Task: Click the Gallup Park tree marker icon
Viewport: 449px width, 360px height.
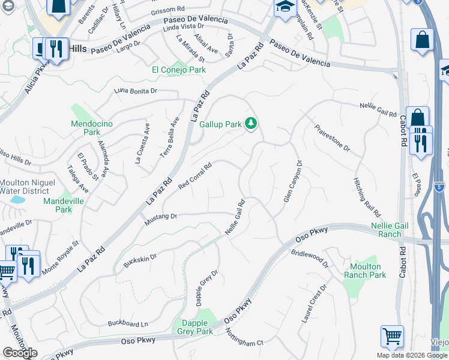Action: pyautogui.click(x=251, y=124)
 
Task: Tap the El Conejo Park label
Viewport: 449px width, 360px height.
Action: pyautogui.click(x=178, y=70)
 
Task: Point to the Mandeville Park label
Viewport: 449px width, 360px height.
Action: pyautogui.click(x=65, y=205)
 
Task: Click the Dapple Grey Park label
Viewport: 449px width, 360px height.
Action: pyautogui.click(x=193, y=327)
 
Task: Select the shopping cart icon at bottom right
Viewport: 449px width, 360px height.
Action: pyautogui.click(x=391, y=337)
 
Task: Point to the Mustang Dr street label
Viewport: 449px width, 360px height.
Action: pyautogui.click(x=161, y=220)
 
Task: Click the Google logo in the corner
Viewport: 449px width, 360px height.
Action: pyautogui.click(x=20, y=353)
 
